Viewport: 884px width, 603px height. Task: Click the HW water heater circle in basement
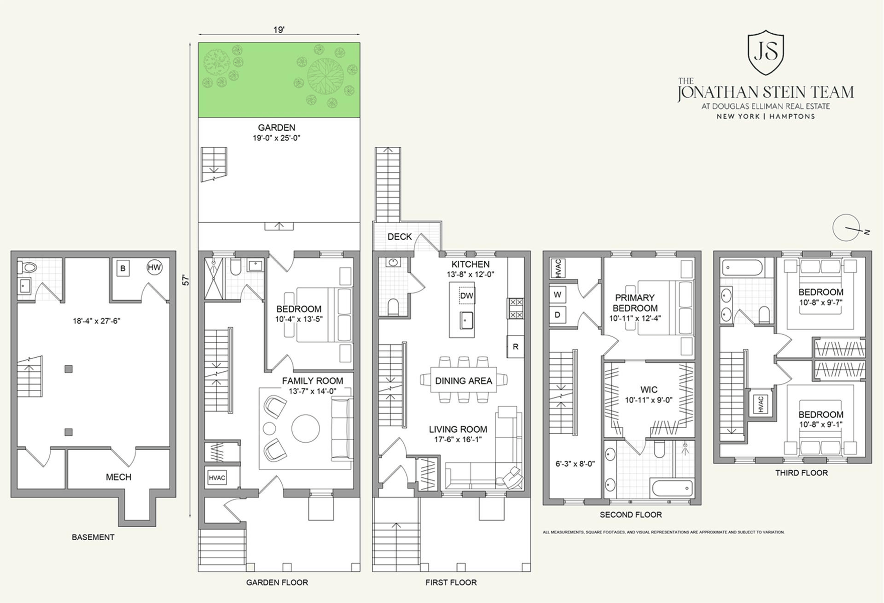click(154, 267)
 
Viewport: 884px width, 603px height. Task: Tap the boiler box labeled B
click(123, 268)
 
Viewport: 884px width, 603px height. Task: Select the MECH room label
click(119, 477)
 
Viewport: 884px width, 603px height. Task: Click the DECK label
click(400, 237)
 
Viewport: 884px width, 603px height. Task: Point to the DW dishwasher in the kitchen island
click(467, 295)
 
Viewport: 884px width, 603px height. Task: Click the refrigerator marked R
click(515, 347)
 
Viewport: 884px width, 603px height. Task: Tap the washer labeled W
click(558, 294)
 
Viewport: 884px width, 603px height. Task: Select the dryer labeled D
click(558, 315)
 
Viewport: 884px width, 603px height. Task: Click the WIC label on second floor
click(649, 389)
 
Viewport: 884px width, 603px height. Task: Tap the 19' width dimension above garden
click(279, 30)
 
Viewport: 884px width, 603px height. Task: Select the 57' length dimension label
click(186, 280)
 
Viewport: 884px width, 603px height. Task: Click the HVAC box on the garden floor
click(217, 477)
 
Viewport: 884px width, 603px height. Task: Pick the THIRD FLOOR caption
click(802, 473)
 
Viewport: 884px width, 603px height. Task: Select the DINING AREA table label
click(464, 381)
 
